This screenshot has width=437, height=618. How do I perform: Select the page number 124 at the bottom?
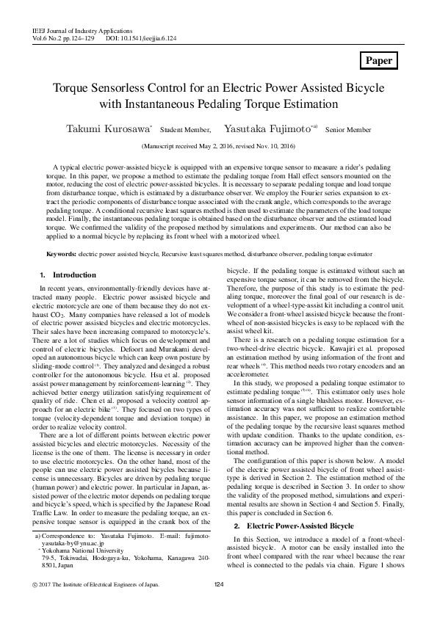pos(218,584)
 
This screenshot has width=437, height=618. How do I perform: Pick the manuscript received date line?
pos(218,146)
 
